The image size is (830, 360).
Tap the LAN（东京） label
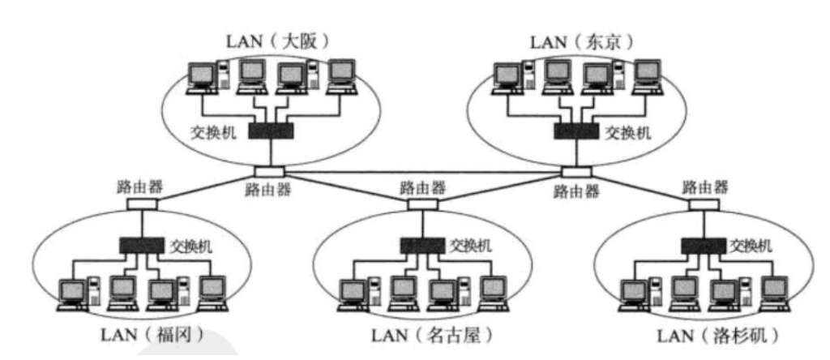573,41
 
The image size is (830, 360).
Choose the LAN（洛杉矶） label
699,334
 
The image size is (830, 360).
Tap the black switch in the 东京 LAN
575,130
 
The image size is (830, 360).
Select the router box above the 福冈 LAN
139,204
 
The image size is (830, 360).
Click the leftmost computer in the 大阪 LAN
201,78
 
